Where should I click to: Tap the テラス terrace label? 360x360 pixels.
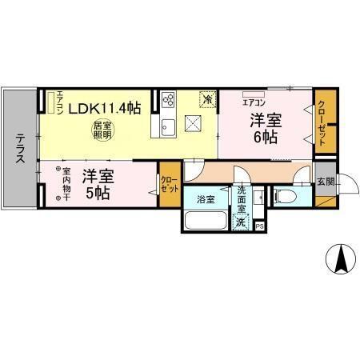coord(19,150)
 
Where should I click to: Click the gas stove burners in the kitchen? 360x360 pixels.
coord(170,100)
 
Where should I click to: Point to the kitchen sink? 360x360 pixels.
coord(169,127)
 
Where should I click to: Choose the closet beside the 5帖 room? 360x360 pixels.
coord(169,186)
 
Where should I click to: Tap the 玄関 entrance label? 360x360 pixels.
coord(325,181)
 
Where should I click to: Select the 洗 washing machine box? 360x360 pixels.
coord(242,223)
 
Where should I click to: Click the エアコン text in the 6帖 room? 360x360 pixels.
coord(253,102)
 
